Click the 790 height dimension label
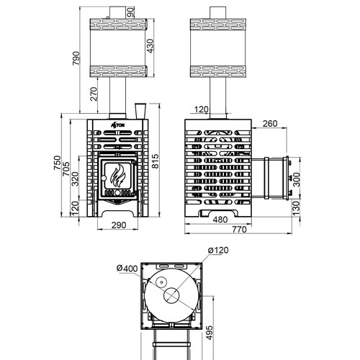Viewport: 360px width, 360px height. coord(76,58)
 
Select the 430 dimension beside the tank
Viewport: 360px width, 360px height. coord(150,46)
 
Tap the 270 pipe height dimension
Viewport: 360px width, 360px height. coord(94,94)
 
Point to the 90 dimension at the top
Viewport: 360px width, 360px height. coord(131,12)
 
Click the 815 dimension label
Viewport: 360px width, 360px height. coord(156,161)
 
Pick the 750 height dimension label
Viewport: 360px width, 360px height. coord(58,163)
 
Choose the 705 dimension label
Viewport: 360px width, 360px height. coord(66,169)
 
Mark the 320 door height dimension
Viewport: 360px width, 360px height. coord(76,179)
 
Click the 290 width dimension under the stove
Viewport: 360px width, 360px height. coord(119,225)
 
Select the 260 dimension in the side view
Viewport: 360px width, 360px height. coord(270,124)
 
